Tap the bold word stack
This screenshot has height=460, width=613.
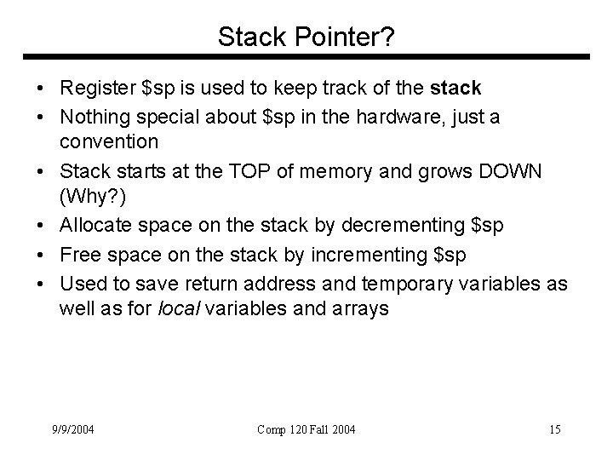coord(456,88)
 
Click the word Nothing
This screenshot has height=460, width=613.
coord(91,116)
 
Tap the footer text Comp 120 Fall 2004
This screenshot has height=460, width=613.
coord(306,429)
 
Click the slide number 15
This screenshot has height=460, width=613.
coord(554,429)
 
